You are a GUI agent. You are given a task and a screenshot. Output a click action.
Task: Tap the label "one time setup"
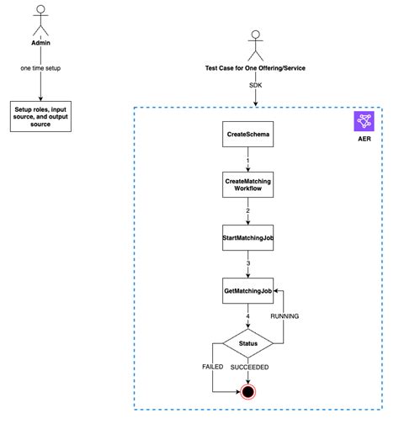pyautogui.click(x=40, y=68)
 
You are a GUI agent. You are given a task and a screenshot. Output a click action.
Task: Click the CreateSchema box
pyautogui.click(x=247, y=134)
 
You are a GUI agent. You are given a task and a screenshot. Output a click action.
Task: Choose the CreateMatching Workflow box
pyautogui.click(x=247, y=185)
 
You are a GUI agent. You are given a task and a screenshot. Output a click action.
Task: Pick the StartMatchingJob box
pyautogui.click(x=247, y=237)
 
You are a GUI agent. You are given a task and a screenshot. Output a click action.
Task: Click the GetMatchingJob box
pyautogui.click(x=247, y=290)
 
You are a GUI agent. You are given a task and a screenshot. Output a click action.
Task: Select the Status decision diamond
pyautogui.click(x=247, y=344)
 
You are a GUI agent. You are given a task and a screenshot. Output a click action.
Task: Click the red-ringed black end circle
pyautogui.click(x=247, y=391)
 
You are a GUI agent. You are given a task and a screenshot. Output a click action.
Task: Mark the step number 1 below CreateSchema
pyautogui.click(x=247, y=159)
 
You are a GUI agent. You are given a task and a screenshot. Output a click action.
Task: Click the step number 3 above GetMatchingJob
pyautogui.click(x=247, y=263)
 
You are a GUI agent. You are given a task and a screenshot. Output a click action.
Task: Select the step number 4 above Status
pyautogui.click(x=247, y=316)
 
